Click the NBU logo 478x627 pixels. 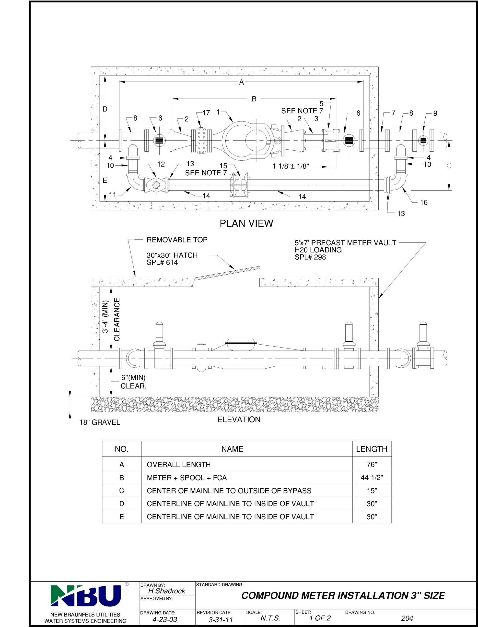85,595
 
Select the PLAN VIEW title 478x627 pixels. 246,223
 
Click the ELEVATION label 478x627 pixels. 239,419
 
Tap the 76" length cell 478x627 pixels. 372,464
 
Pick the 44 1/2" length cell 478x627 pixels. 372,478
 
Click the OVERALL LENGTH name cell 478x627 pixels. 179,464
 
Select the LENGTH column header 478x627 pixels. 372,449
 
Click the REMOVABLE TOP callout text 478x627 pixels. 177,240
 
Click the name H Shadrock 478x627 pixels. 166,591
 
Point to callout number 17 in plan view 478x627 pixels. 206,113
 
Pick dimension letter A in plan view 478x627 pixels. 241,82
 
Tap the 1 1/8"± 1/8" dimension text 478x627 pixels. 291,166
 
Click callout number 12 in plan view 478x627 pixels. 161,164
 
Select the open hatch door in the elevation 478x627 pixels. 227,273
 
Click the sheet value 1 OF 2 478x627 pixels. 320,618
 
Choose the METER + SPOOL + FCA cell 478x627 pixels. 187,478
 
